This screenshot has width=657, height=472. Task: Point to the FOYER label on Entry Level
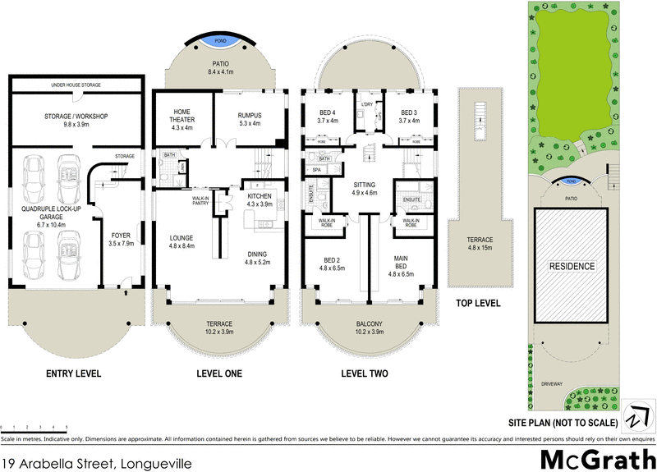coord(122,239)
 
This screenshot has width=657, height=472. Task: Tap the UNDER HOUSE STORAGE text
coord(76,85)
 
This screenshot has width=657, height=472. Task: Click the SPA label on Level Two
coord(316,170)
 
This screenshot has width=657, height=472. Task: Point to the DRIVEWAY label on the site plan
coord(551,384)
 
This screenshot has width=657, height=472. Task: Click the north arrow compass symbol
coord(635,415)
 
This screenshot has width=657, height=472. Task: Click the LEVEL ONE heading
coord(219,374)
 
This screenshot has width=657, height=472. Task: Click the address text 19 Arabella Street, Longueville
coord(97,463)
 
